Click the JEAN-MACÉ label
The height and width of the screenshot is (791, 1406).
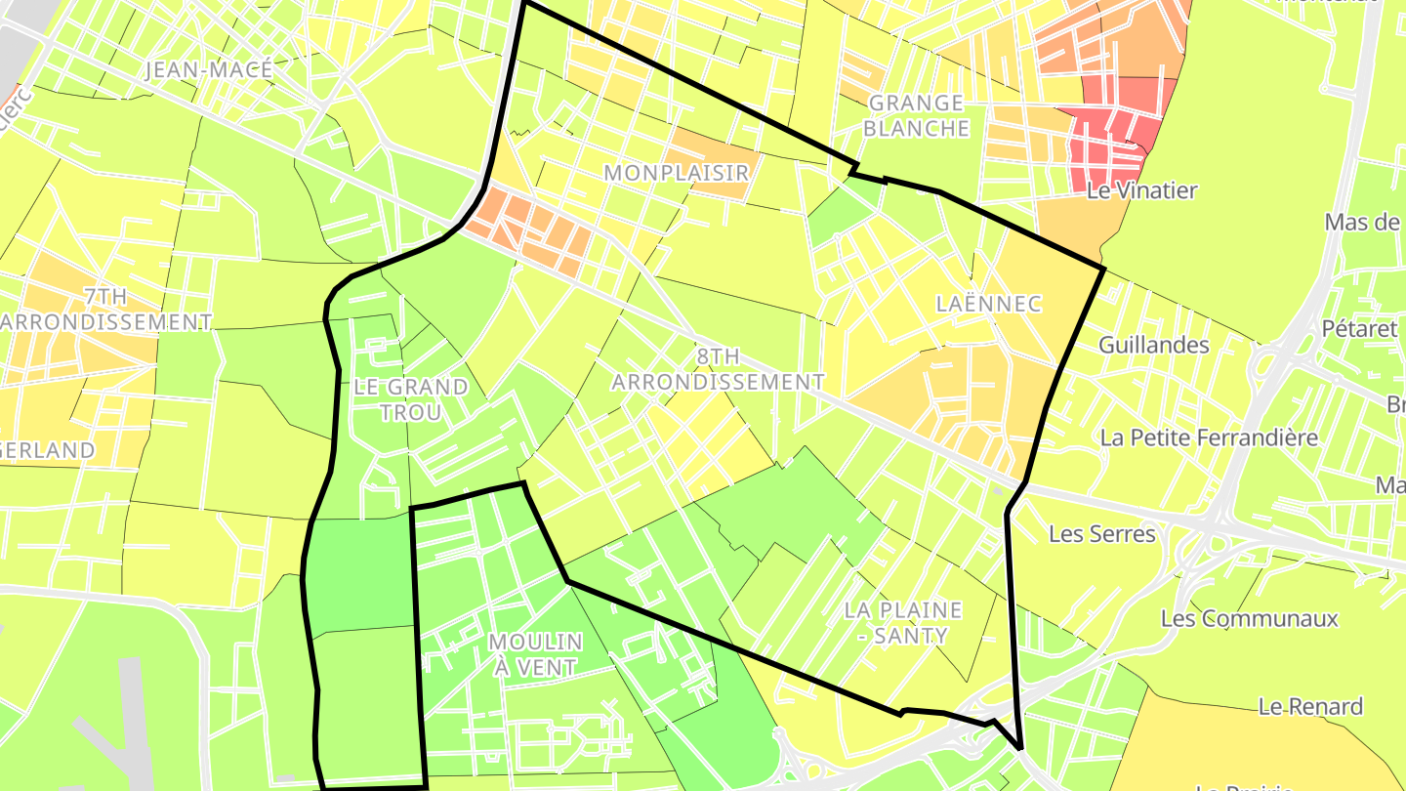click(208, 70)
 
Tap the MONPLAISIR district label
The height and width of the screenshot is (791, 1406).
click(676, 173)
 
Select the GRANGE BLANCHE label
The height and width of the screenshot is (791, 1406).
click(917, 115)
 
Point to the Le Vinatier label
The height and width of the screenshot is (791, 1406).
click(1141, 190)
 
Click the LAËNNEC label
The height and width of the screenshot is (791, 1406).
click(988, 304)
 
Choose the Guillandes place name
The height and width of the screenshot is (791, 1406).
click(1153, 345)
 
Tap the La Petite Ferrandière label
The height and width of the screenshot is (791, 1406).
click(1209, 437)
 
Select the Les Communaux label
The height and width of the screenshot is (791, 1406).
click(1249, 618)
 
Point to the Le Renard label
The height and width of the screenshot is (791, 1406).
click(1310, 706)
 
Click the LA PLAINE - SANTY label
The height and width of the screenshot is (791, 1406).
click(903, 623)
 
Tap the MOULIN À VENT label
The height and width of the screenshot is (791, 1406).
click(535, 654)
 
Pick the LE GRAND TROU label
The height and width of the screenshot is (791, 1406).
click(411, 399)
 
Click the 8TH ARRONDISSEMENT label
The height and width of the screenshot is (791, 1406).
click(718, 369)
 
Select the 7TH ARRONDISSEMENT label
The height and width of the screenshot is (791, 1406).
click(105, 309)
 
